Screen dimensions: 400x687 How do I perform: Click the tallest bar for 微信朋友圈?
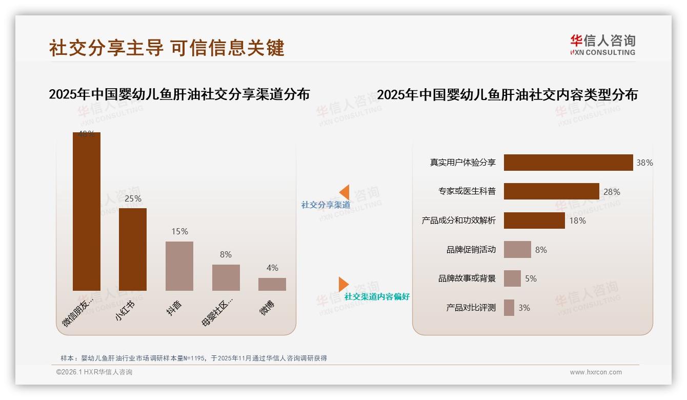(86, 211)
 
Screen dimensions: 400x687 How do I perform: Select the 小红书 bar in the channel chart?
(132, 249)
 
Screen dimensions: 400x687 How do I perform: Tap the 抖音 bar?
(179, 266)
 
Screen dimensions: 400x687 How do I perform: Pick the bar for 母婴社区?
(226, 277)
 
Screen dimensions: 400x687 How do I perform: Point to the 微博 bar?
(272, 284)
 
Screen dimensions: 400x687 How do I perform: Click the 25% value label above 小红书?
(133, 198)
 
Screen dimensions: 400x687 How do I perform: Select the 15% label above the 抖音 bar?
(179, 231)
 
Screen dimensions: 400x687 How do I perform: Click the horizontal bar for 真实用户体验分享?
(568, 163)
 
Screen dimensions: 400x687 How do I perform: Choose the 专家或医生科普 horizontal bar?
(551, 191)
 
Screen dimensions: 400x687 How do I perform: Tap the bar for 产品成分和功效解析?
(534, 221)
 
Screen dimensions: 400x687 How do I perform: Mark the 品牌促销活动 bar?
(517, 250)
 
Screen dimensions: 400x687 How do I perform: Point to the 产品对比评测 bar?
(509, 308)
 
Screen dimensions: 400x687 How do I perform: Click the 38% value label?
(644, 163)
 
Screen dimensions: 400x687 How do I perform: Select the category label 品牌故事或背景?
(467, 278)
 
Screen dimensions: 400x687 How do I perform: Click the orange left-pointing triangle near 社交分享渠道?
(344, 192)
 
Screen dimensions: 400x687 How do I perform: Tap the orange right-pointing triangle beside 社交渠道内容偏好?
(344, 284)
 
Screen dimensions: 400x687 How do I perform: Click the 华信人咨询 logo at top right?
(602, 45)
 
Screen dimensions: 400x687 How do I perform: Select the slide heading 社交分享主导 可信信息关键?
(167, 48)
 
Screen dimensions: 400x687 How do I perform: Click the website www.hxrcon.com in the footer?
(596, 372)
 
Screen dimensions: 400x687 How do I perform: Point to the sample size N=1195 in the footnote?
(194, 358)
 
